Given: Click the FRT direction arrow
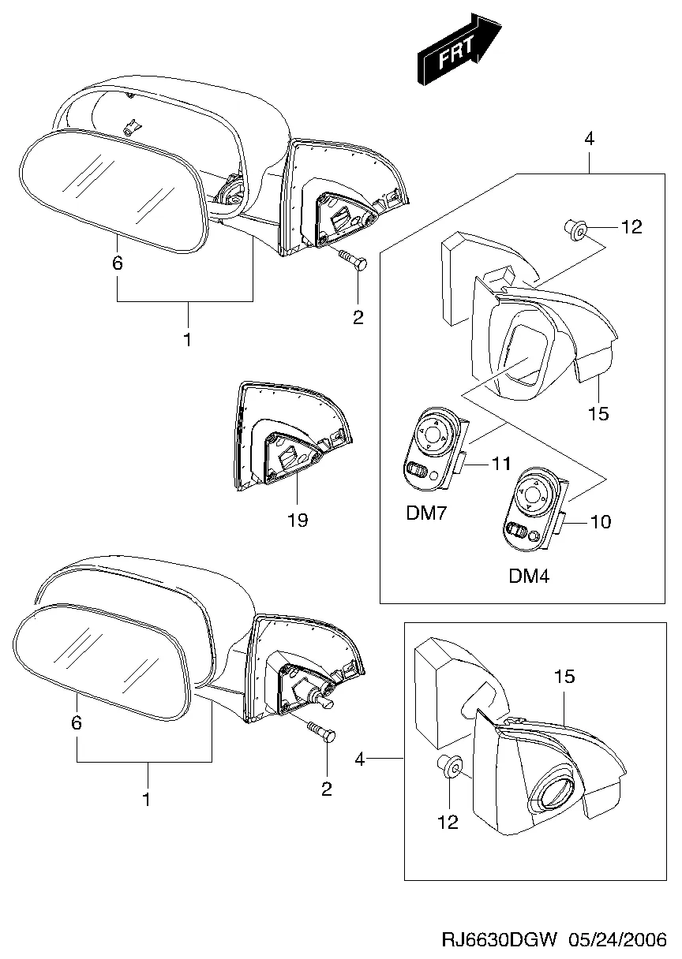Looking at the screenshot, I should [x=461, y=48].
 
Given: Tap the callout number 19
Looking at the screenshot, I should [x=298, y=520].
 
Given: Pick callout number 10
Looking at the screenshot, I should [x=601, y=521].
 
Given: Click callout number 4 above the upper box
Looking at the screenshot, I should [x=589, y=140].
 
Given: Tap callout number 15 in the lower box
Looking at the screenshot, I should [x=564, y=677].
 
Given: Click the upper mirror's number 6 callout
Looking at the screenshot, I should [x=117, y=263].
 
